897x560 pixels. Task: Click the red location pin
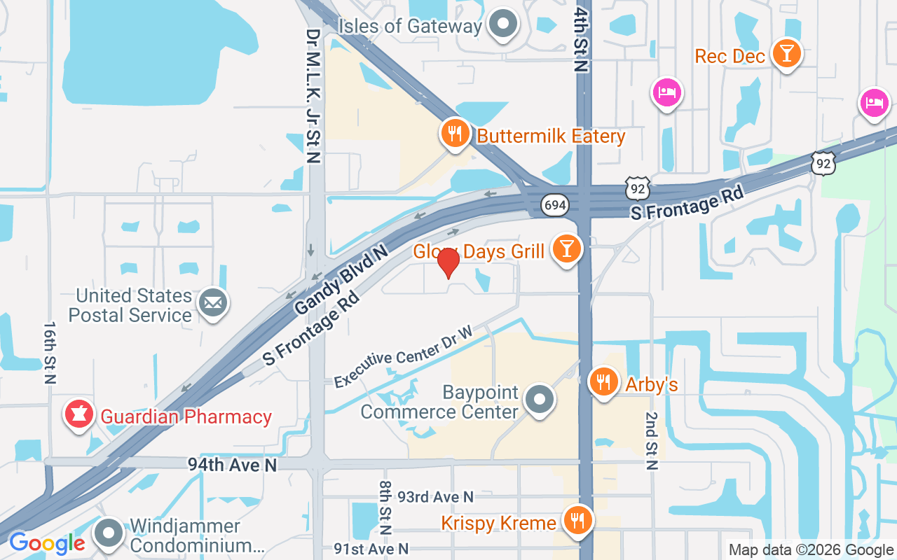tap(448, 263)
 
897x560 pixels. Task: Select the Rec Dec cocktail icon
tap(786, 54)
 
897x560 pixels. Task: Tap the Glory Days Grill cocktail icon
tap(566, 248)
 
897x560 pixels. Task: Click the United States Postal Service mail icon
tap(213, 303)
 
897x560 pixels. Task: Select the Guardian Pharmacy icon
tap(80, 414)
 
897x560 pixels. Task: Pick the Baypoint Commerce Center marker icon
tap(540, 400)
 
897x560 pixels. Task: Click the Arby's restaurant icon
tap(603, 382)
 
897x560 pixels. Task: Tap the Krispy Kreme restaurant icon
tap(577, 520)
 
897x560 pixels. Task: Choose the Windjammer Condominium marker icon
tap(109, 533)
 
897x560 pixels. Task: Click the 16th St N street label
tap(50, 353)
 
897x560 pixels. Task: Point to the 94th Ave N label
tap(232, 464)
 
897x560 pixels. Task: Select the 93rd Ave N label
tap(435, 497)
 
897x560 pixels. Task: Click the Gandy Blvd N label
tap(341, 279)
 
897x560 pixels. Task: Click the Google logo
tap(47, 543)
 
